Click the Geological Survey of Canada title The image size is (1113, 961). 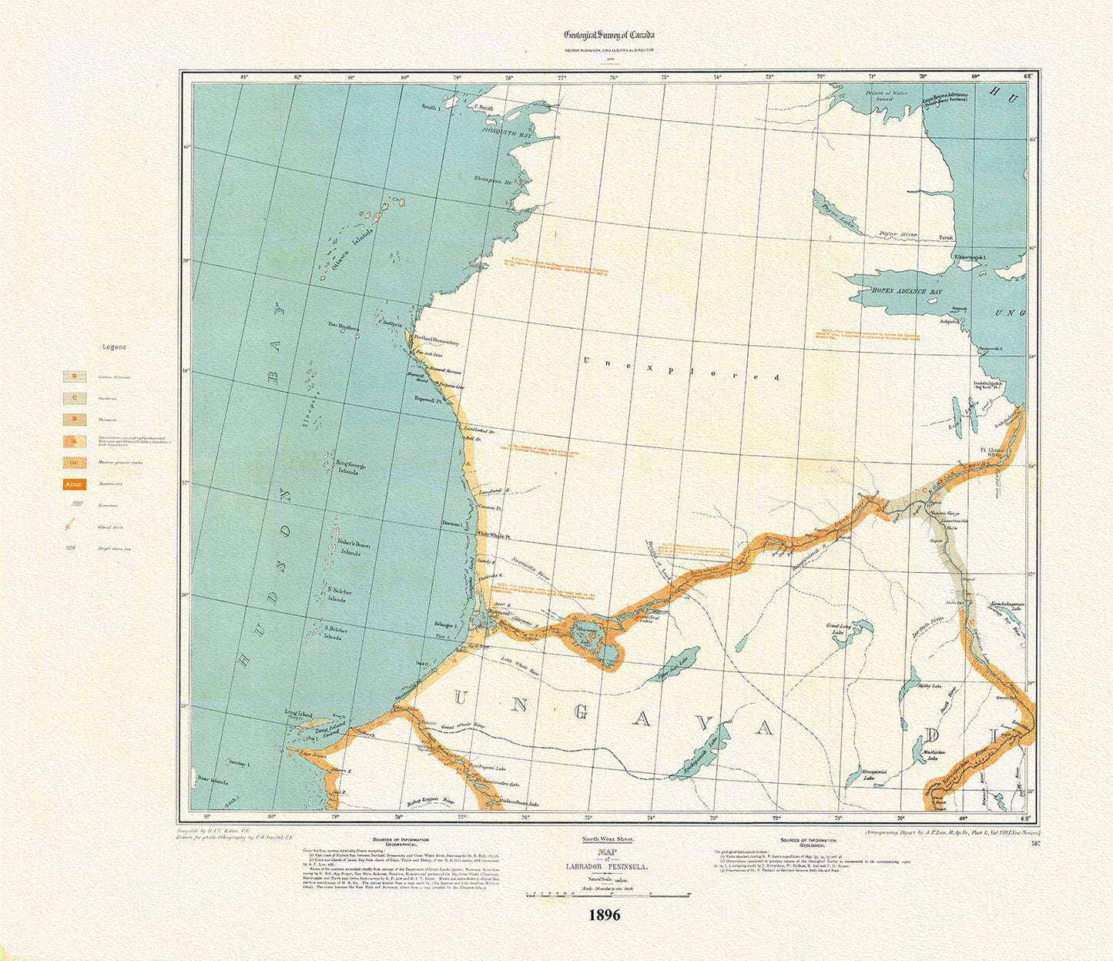point(609,35)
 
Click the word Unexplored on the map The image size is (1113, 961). point(681,370)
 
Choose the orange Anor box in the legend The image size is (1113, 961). point(74,484)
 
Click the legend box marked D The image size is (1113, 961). point(74,377)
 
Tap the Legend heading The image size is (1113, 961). point(114,347)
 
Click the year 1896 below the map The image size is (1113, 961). point(605,916)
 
